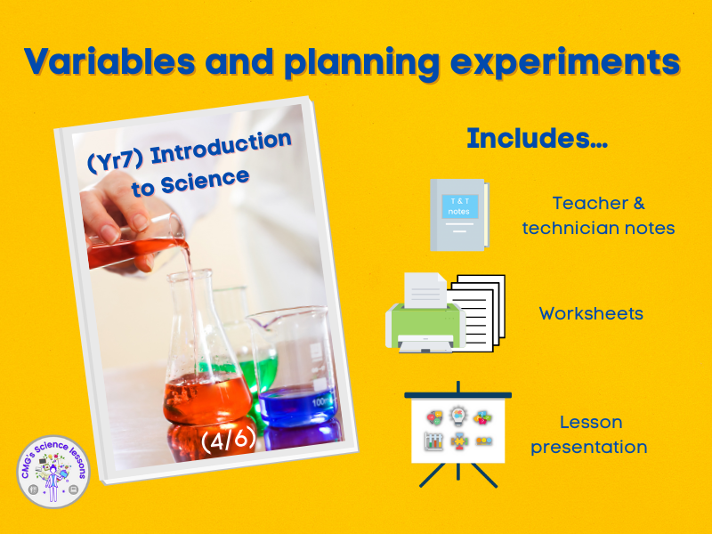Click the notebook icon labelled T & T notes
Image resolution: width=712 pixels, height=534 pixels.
tap(457, 214)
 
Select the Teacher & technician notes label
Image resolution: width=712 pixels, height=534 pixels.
tap(597, 215)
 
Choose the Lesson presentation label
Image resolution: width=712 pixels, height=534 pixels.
tap(589, 434)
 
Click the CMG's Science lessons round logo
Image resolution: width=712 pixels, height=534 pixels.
tap(53, 471)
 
